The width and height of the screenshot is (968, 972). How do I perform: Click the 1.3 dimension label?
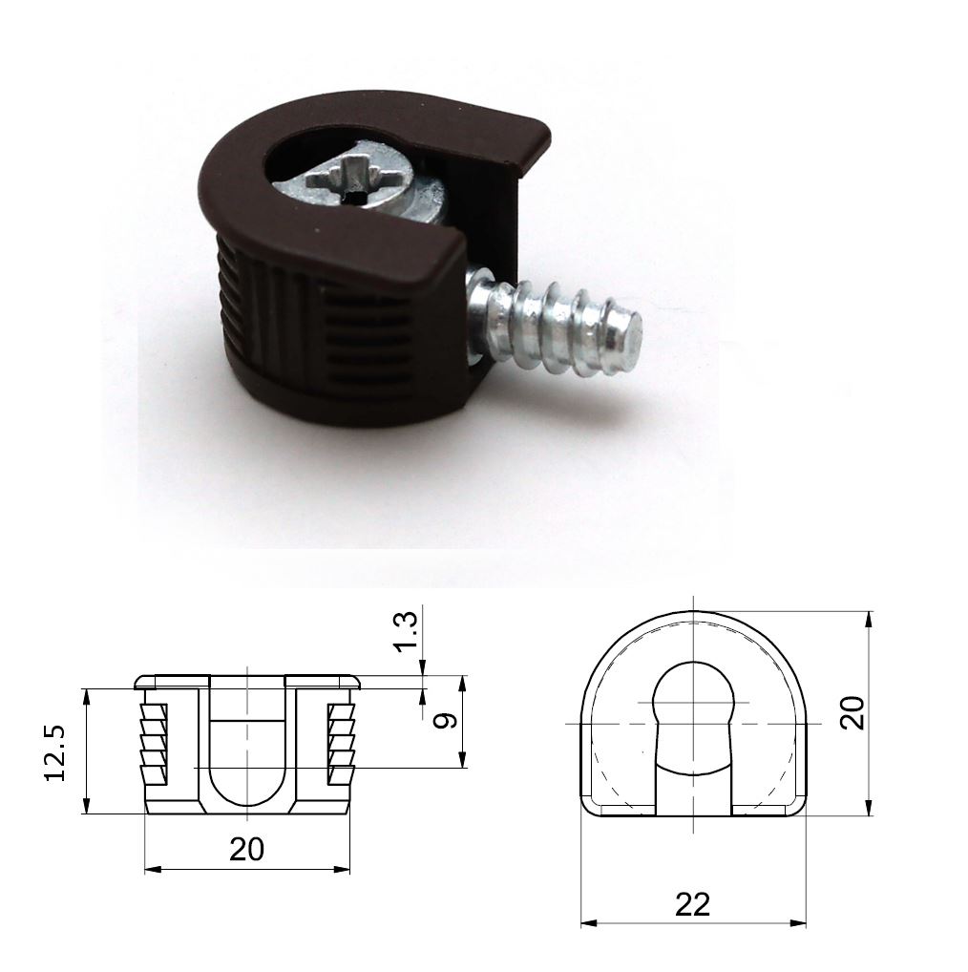(x=406, y=632)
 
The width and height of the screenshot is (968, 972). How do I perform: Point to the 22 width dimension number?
(x=692, y=904)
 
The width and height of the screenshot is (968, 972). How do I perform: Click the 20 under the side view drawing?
(x=246, y=849)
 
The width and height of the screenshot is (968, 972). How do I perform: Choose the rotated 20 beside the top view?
(x=852, y=712)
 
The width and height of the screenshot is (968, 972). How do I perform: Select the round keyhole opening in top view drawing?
(x=693, y=704)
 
